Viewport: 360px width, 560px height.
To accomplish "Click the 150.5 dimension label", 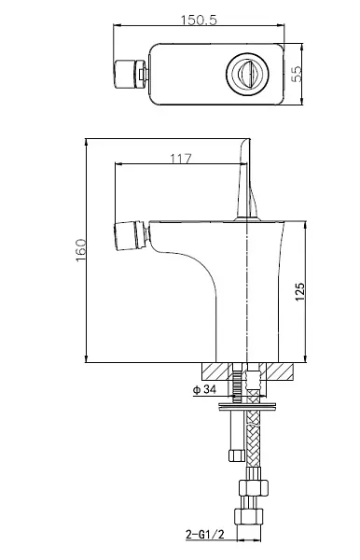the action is click(199, 20).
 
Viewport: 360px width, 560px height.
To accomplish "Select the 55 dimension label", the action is click(297, 75).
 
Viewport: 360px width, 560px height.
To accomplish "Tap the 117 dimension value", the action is click(181, 159).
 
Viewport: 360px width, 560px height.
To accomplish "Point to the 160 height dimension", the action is click(81, 250).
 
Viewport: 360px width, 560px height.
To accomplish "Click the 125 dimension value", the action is click(300, 292).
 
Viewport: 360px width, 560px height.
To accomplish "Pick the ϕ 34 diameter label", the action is click(204, 389).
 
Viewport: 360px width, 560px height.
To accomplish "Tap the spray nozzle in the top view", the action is click(131, 74).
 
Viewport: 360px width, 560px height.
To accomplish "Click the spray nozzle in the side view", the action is click(131, 236).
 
